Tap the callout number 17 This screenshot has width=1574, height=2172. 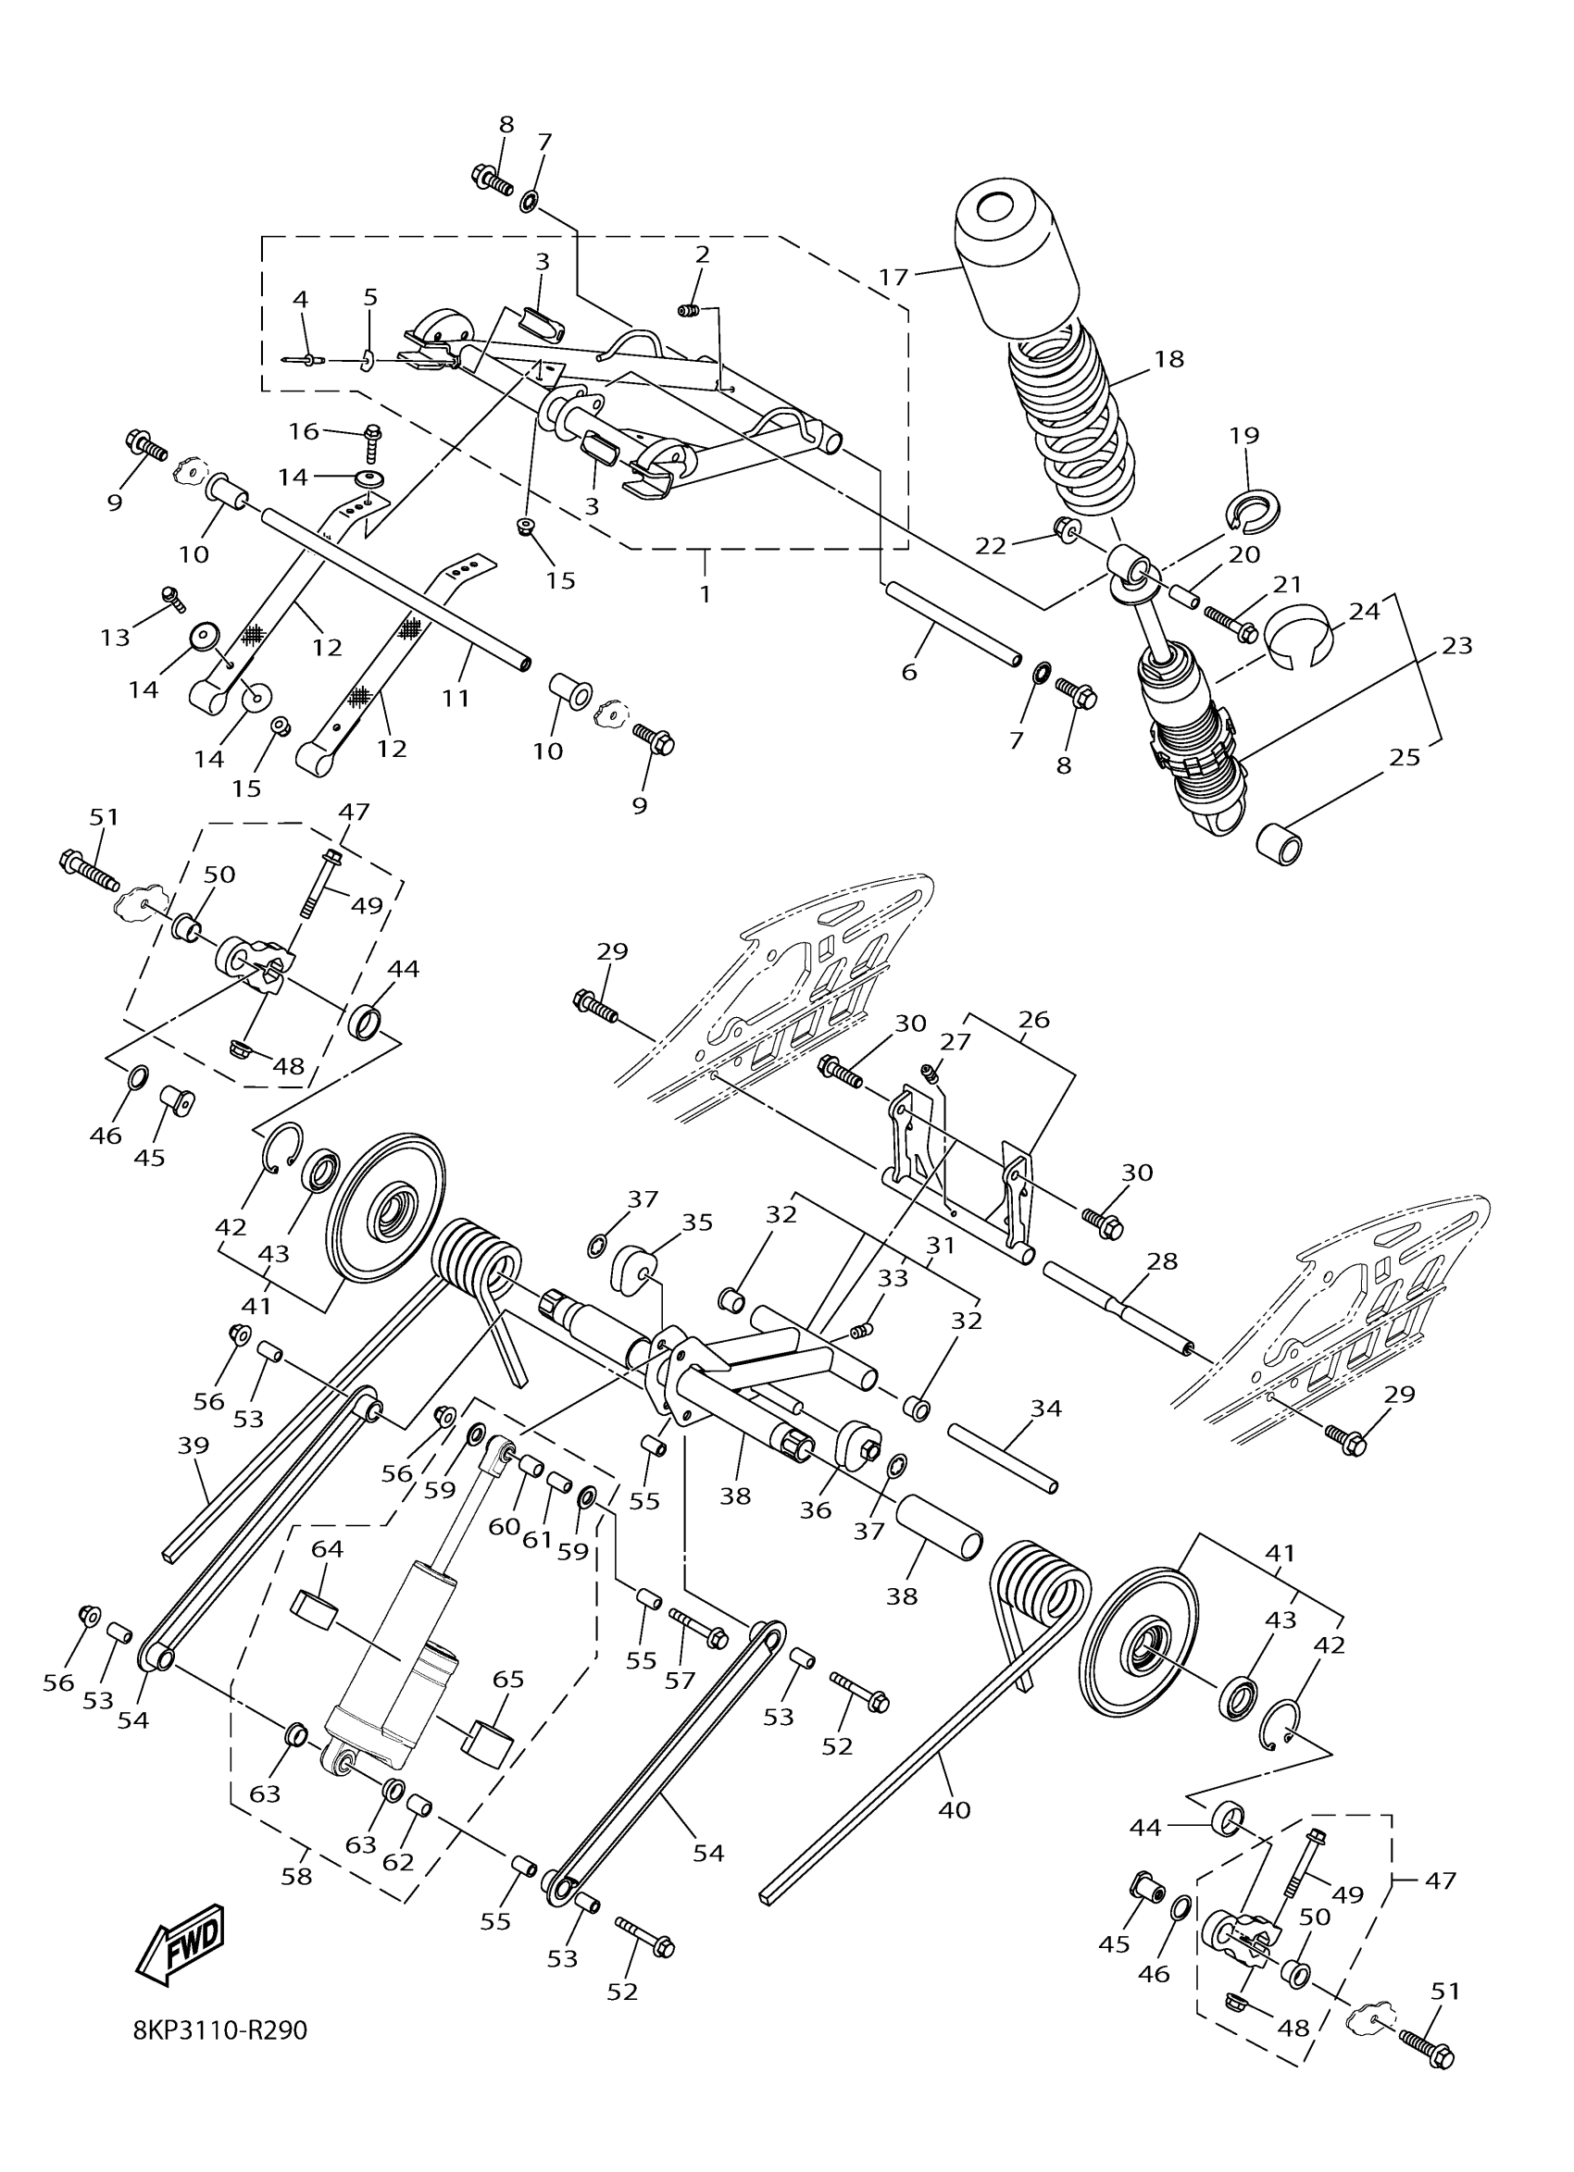893,278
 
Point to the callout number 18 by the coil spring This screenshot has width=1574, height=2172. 1168,359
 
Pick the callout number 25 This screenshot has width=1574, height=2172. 1405,758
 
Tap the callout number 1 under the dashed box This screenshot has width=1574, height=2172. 706,593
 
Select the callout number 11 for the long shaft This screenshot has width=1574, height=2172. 456,698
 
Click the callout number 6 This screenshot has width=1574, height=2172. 909,672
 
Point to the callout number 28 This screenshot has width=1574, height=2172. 1162,1260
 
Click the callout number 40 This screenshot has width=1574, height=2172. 956,1810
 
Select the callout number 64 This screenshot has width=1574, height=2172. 327,1548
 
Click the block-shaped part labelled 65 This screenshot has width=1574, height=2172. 489,1742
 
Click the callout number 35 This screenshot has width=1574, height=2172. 697,1222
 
